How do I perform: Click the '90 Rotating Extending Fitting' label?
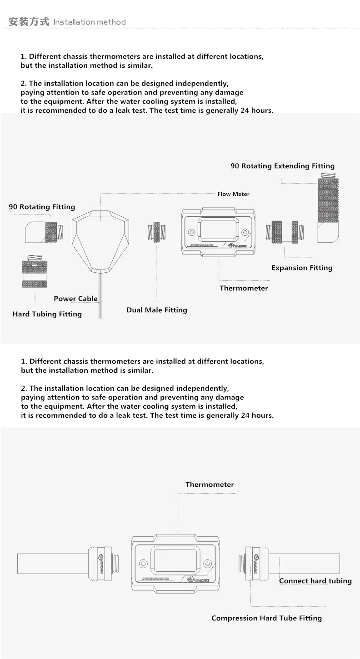(x=282, y=166)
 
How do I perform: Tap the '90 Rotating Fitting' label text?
(x=42, y=207)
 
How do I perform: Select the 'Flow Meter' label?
(x=233, y=194)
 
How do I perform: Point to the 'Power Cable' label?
(x=75, y=299)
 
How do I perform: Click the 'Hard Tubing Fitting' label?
(x=47, y=314)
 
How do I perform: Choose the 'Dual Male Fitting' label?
(x=157, y=310)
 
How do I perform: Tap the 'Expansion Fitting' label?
(x=302, y=268)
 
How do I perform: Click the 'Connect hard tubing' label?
(x=315, y=581)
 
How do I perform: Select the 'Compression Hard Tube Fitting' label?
(x=266, y=618)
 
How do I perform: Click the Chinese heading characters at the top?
(x=29, y=21)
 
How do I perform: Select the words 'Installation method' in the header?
(x=90, y=22)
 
